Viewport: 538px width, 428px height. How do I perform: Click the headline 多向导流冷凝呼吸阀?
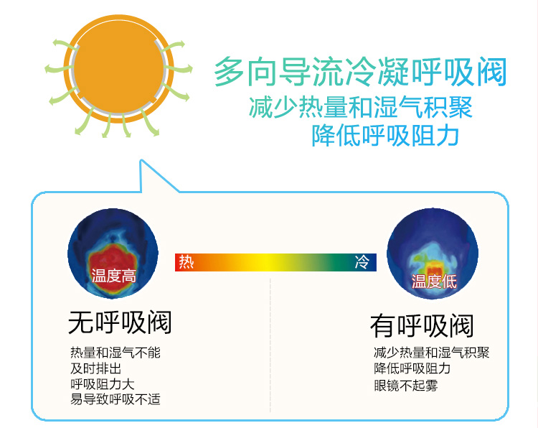360,72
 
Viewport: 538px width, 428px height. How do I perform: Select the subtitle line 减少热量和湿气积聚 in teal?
361,108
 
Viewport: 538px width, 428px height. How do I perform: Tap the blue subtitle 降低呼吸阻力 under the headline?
385,135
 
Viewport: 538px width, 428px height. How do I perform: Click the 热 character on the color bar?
187,262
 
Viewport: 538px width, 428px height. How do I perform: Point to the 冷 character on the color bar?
362,262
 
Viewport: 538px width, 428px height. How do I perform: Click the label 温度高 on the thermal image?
113,276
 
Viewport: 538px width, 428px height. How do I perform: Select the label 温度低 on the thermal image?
434,282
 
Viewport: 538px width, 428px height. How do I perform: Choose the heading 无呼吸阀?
120,322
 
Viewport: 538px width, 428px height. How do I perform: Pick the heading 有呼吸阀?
422,325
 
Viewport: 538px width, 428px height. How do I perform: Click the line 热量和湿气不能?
115,353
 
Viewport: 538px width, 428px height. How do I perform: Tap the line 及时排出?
95,368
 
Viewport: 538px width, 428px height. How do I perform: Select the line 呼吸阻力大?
103,384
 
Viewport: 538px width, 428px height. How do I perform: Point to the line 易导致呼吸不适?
115,399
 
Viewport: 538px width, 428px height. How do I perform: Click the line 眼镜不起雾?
406,386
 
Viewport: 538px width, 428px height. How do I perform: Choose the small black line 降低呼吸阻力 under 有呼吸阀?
412,368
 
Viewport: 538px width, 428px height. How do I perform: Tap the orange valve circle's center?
118,68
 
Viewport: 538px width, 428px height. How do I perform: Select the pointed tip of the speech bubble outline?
141,160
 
